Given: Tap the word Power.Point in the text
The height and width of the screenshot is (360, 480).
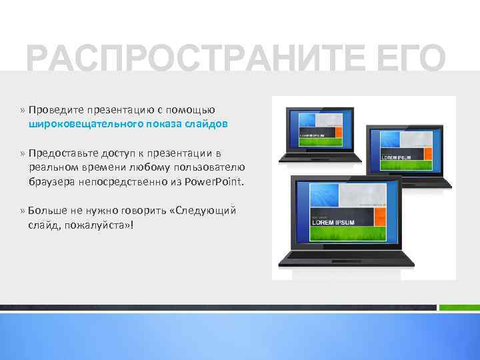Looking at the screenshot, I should [x=216, y=181].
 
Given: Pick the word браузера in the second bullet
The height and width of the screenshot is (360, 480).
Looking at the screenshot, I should [x=52, y=181].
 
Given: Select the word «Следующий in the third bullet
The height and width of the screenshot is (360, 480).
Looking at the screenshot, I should [x=203, y=211].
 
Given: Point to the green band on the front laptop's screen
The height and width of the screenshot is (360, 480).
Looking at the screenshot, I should [x=347, y=235].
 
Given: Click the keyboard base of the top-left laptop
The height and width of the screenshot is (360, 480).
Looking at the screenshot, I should [x=320, y=157].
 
